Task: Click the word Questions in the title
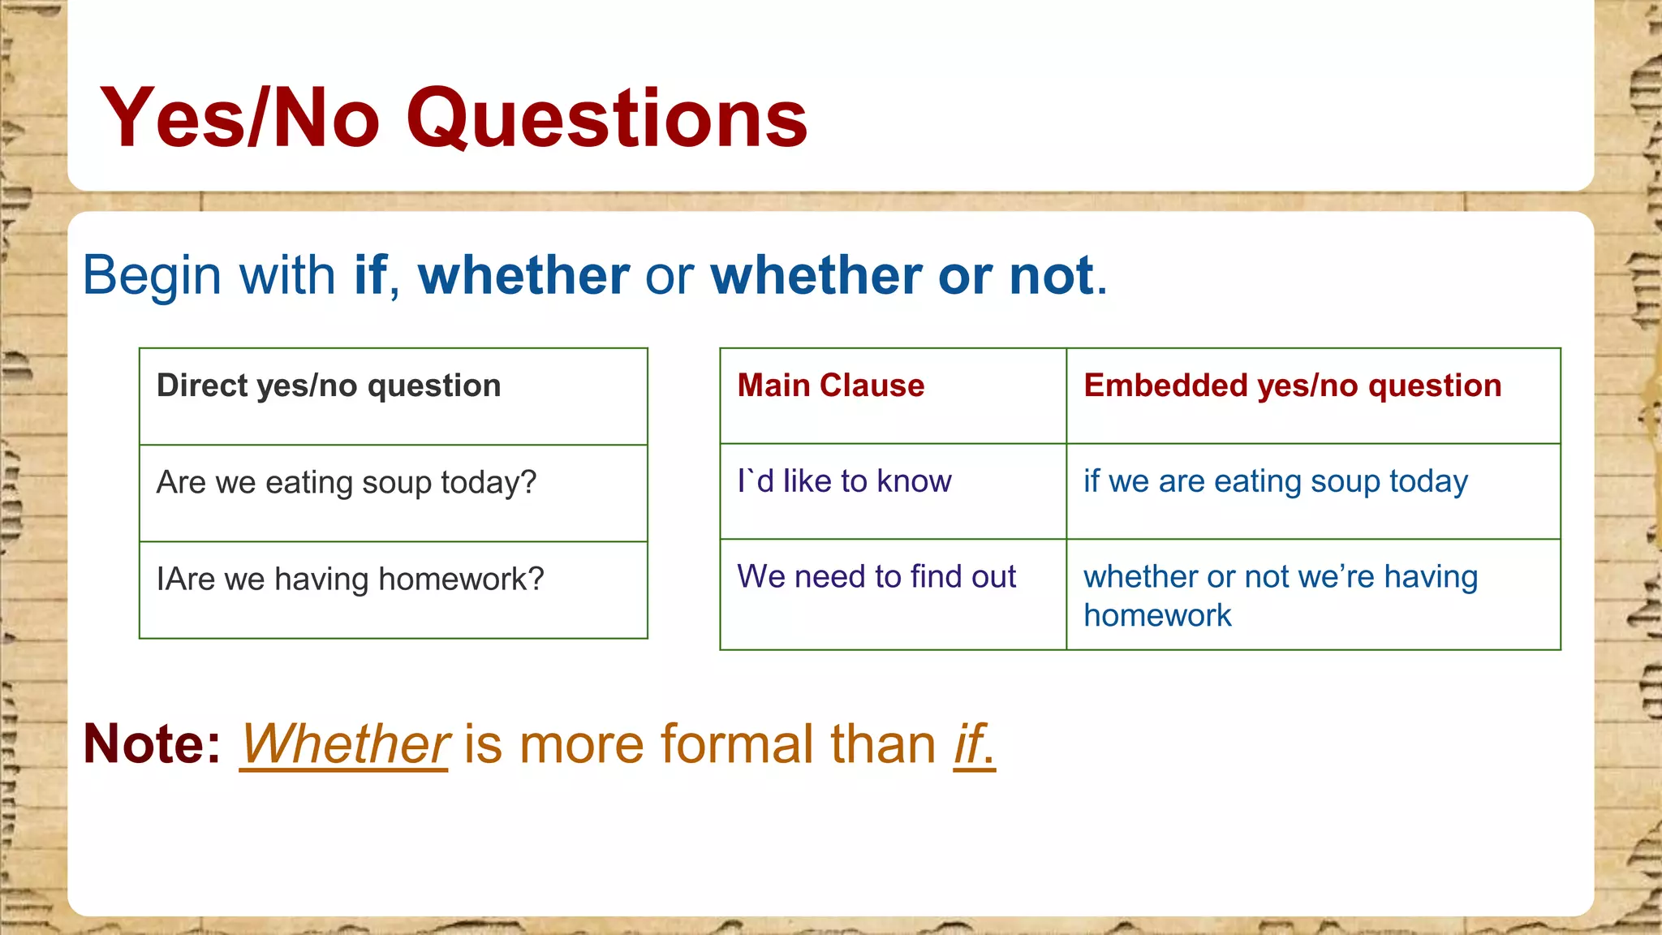point(606,119)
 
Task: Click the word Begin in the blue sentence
point(152,275)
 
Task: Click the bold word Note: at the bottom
point(152,743)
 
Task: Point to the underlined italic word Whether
point(344,743)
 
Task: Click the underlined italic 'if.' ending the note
point(974,743)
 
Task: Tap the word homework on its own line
point(1157,616)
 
